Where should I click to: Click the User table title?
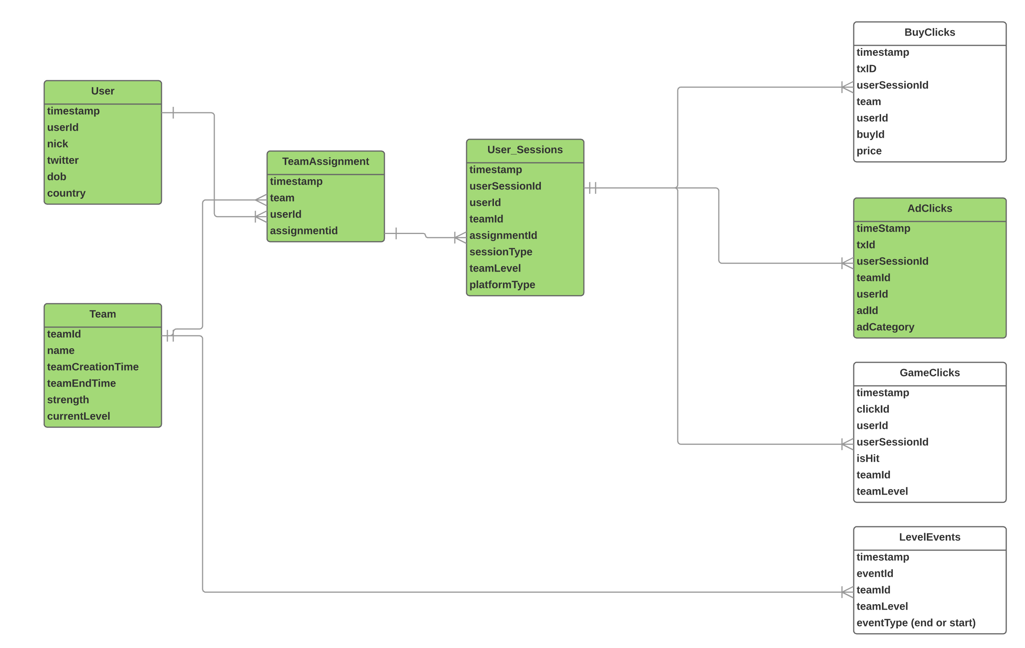102,91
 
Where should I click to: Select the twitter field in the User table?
63,160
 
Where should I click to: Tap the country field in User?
66,193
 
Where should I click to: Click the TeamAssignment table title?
326,162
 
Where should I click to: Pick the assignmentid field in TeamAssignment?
303,230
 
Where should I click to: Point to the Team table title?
102,314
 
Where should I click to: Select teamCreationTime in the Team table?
93,367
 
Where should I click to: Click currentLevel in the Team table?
79,416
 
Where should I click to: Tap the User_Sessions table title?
525,149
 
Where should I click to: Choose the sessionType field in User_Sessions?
501,252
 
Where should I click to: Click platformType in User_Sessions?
502,284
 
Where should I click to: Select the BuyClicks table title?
930,32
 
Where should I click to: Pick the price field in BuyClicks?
869,151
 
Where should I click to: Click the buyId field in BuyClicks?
871,134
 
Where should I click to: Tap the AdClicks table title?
930,208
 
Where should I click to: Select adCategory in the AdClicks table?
885,327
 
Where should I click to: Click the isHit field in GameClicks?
868,459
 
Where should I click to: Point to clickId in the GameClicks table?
872,409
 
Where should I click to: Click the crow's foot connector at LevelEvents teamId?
847,592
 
